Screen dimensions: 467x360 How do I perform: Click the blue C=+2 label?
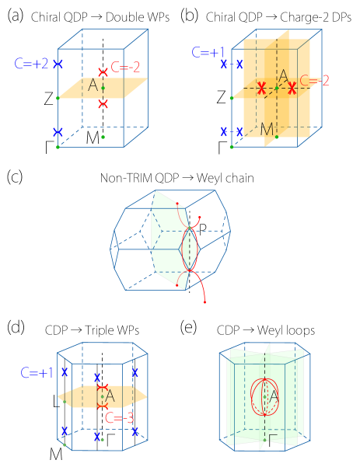[x=32, y=63]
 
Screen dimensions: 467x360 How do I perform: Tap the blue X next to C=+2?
[x=58, y=64]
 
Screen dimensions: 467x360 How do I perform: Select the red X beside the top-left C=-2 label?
[x=103, y=71]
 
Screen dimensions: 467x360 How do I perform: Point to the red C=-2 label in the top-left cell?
[x=126, y=67]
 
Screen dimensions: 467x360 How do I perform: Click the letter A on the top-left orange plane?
[x=93, y=85]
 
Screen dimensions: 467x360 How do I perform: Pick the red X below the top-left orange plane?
[x=103, y=103]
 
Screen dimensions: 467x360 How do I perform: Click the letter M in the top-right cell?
[x=267, y=129]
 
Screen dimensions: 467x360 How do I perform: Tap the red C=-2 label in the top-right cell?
[x=315, y=80]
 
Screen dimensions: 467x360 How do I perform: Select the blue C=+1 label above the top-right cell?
[x=208, y=53]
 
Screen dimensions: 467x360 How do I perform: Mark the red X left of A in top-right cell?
[x=262, y=89]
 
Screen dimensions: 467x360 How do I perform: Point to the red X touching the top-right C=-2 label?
[x=292, y=89]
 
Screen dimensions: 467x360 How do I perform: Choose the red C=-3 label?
[x=119, y=418]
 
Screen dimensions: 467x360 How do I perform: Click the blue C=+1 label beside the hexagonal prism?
[x=37, y=373]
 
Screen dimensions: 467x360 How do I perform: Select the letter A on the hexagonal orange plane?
[x=110, y=396]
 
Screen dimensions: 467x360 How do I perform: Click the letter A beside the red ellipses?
[x=274, y=396]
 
